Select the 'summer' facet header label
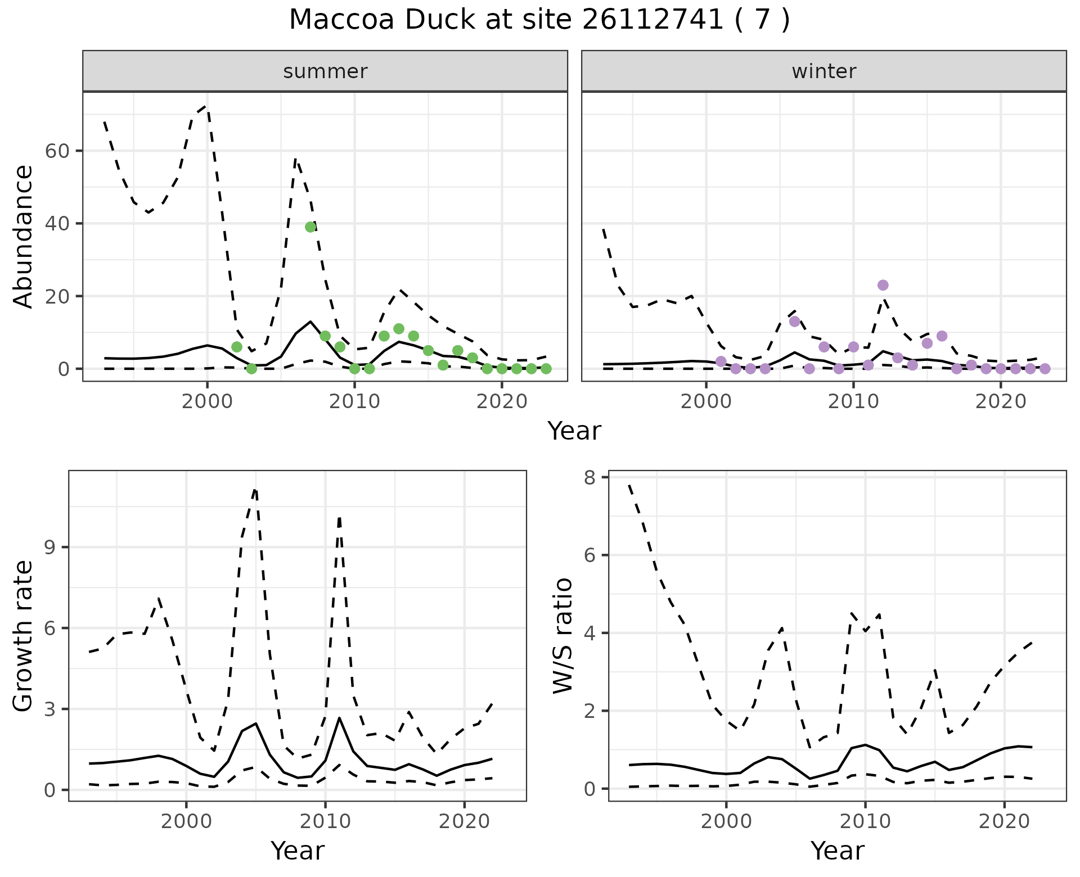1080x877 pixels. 325,71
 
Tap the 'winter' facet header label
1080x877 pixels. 823,71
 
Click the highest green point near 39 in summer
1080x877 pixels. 310,227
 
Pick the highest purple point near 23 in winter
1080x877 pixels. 883,285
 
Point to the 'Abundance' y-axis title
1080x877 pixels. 24,237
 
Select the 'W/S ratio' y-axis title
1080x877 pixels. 563,636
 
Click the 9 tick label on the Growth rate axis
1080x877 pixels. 50,548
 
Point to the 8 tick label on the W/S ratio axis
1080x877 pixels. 590,477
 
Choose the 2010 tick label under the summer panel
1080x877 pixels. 354,401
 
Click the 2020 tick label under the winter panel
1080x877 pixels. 1000,401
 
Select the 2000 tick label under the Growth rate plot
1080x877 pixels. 186,821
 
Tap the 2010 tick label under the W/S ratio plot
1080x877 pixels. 865,821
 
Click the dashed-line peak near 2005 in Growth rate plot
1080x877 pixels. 255,490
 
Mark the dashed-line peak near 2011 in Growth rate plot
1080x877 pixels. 339,518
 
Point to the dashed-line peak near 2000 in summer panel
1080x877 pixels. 206,106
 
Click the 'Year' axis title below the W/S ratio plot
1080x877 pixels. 837,851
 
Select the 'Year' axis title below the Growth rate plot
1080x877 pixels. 298,851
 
